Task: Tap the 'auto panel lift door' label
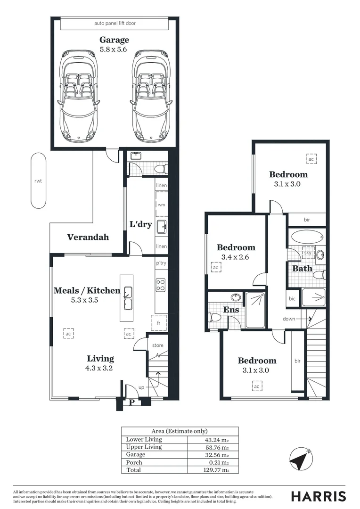[115, 23]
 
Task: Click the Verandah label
[88, 237]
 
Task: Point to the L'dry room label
[140, 225]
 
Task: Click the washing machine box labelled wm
[161, 205]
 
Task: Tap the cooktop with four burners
[161, 285]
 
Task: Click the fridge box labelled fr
[159, 323]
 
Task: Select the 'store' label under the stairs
[157, 345]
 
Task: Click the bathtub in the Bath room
[307, 236]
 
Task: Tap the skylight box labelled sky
[309, 253]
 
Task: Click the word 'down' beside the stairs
[289, 319]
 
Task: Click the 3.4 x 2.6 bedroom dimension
[235, 257]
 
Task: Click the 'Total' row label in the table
[133, 470]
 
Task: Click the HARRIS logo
[318, 496]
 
